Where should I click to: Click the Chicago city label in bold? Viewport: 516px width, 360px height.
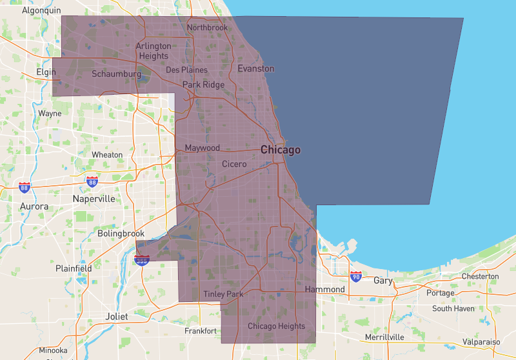[281, 150]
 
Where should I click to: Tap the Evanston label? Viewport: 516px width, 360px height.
[255, 68]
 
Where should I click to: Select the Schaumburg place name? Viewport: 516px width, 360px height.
[116, 74]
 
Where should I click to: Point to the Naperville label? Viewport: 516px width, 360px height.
[94, 199]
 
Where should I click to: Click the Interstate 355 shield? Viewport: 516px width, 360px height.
[142, 260]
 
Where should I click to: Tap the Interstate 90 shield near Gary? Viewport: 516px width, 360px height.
[356, 277]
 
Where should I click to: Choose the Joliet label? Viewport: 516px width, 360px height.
[117, 317]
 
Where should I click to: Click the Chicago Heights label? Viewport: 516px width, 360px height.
[276, 326]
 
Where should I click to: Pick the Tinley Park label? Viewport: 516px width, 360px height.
[223, 294]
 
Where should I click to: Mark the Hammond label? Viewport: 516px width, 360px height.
[325, 290]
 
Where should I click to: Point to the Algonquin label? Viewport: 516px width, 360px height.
[41, 10]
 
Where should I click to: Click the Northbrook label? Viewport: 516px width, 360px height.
[207, 28]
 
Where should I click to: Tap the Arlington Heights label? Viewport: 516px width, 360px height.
[154, 51]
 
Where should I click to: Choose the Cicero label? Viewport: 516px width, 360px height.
[234, 164]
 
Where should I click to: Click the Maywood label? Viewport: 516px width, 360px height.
[203, 148]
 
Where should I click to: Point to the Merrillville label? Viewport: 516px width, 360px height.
[384, 337]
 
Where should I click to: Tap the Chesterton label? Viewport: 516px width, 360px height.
[480, 277]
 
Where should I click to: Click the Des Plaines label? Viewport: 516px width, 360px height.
[186, 70]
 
